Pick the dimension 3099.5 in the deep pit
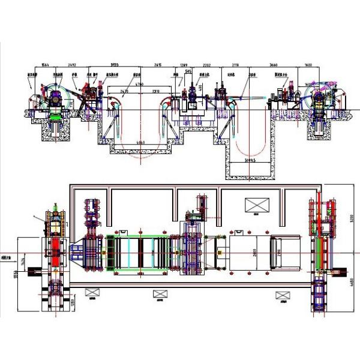point(250,161)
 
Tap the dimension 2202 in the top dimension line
point(207,64)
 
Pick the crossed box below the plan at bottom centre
point(158,294)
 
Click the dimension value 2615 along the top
point(158,64)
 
